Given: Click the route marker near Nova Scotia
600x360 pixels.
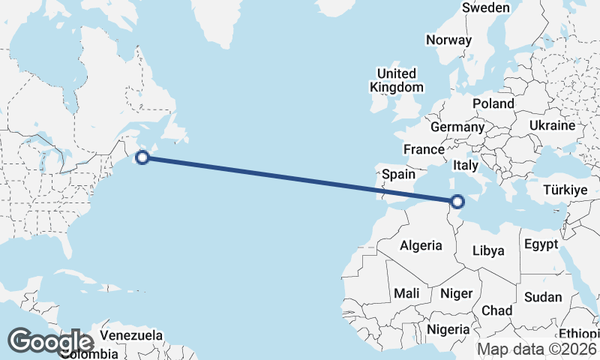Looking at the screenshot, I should coord(142,157).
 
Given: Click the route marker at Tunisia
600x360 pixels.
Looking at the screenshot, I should coord(457,200).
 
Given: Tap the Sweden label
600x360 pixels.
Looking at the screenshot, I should coord(485,7).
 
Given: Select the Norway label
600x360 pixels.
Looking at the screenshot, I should coord(448,40).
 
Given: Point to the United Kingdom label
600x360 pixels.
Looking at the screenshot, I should coord(396,80).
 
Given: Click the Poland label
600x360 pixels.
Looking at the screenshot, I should coord(493,103).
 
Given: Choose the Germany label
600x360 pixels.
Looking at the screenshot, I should coord(457,127).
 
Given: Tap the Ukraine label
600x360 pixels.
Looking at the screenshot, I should coord(551,125).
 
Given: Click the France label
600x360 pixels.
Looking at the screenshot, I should coord(424,149).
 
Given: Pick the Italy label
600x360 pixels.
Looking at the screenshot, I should coord(466,165).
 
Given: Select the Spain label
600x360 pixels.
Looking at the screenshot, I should coord(398,174).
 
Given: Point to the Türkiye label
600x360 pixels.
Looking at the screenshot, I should coord(563,190).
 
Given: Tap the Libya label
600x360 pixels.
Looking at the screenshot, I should coord(488,250).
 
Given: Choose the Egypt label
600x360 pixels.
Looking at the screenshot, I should coord(541,244).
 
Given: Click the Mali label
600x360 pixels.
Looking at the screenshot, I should coord(406,292).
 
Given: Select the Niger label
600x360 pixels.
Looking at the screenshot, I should coord(456,292).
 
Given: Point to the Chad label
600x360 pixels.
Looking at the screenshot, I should coord(497,310).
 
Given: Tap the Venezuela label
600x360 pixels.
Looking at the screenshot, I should coord(131,334).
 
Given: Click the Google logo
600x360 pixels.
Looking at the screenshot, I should coord(51,341).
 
